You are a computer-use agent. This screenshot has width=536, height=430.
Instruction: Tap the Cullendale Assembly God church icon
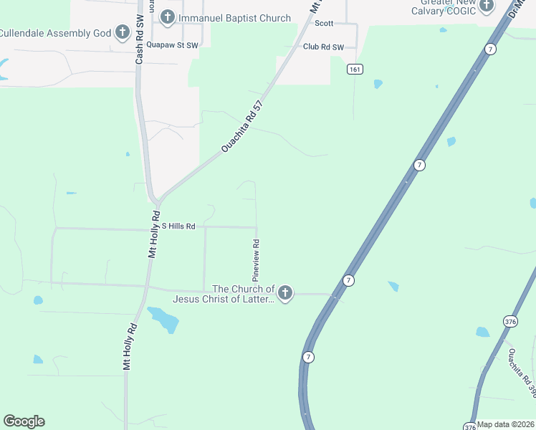(123, 32)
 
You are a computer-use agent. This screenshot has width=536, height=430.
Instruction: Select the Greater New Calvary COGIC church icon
(487, 6)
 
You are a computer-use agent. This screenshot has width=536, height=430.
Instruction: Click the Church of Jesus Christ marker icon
(285, 293)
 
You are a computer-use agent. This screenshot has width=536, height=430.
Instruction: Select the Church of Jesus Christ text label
(223, 294)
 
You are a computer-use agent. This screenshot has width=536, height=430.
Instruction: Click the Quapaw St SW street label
(171, 44)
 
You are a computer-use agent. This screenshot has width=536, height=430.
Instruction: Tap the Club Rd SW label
(324, 47)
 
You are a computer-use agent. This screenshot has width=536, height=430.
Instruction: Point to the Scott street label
(324, 23)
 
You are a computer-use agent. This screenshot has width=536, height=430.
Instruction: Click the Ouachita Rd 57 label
(242, 125)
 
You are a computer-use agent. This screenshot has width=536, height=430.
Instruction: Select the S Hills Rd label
(178, 226)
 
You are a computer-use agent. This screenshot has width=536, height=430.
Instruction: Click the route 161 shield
(355, 69)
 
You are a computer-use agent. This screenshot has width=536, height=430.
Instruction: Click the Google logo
(24, 421)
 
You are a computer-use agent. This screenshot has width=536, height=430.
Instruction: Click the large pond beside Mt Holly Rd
(163, 319)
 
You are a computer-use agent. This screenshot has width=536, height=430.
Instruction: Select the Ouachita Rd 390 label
(522, 373)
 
